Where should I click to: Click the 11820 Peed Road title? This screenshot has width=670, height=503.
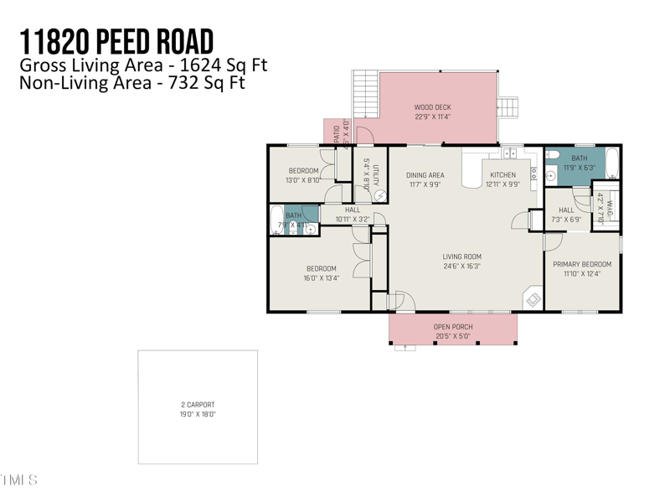[x=116, y=41]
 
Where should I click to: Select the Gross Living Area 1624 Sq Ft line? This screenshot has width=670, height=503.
[x=143, y=65]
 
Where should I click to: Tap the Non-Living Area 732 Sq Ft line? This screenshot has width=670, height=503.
[x=132, y=82]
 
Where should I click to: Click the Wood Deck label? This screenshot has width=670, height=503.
[x=432, y=107]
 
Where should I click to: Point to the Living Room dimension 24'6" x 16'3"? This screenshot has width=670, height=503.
[x=461, y=267]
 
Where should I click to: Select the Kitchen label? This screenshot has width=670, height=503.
[x=502, y=175]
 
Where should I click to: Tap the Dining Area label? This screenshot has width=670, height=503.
[x=425, y=175]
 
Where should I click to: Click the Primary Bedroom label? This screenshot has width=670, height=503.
[x=582, y=264]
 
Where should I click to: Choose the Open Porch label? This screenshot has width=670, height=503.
[x=452, y=327]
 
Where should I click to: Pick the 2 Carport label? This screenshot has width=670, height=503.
[x=198, y=405]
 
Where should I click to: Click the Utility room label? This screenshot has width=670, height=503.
[x=377, y=175]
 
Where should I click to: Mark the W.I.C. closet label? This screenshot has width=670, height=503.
[x=611, y=205]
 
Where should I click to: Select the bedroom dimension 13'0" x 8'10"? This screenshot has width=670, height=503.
[x=303, y=179]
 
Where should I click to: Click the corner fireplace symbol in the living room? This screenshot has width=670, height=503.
[x=533, y=298]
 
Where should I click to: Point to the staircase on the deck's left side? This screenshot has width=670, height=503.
[x=365, y=93]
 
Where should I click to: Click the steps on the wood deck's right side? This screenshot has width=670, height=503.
[x=508, y=107]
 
